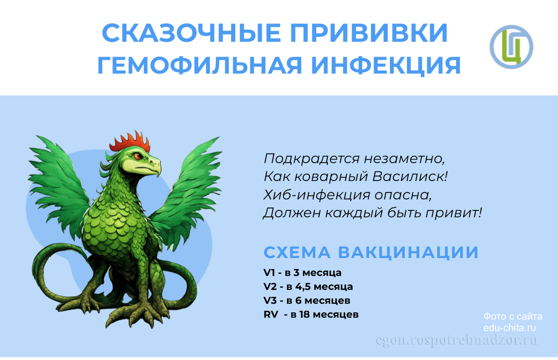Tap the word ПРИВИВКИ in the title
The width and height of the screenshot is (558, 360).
coord(369,33)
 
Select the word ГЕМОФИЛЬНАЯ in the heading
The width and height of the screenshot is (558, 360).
coord(200,65)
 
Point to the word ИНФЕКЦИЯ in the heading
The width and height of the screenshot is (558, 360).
coord(386,65)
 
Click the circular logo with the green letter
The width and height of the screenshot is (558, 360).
coord(511,47)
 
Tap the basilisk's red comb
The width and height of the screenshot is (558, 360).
coord(130,142)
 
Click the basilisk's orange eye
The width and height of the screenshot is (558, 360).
coord(138,155)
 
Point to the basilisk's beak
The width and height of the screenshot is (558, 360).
coord(155,166)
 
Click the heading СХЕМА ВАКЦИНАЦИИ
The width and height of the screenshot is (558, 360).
coord(371,252)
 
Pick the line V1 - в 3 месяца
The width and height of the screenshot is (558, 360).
coord(302,273)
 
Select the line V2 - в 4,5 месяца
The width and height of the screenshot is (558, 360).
coord(308,287)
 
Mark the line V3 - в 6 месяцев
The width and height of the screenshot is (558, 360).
coord(307,300)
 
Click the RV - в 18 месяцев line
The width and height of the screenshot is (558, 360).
coord(311,314)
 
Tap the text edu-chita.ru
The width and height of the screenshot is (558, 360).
coord(509,327)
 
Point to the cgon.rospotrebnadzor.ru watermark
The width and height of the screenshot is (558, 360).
coord(456,340)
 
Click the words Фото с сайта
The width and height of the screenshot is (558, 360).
coord(513,316)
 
